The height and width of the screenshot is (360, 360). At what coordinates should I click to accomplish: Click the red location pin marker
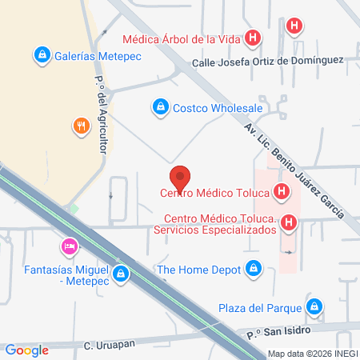[x=180, y=176]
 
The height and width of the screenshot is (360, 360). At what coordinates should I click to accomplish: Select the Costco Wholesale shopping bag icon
[x=160, y=106]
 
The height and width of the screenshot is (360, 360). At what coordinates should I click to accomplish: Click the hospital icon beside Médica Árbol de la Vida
[x=254, y=37]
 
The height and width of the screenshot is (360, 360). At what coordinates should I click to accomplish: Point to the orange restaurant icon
[x=81, y=126]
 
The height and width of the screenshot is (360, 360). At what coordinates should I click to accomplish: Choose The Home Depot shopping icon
[x=254, y=270]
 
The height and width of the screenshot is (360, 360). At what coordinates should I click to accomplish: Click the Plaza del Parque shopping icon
[x=315, y=306]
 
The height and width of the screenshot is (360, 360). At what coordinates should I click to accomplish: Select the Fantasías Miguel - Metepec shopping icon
[x=120, y=274]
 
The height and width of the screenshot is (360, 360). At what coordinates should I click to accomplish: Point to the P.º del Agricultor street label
[x=101, y=112]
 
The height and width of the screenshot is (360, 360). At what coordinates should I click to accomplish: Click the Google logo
[x=26, y=350]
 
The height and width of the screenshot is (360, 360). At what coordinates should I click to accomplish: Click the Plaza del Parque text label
[x=261, y=307]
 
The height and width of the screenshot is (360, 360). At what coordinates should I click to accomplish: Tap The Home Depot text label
[x=198, y=270]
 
